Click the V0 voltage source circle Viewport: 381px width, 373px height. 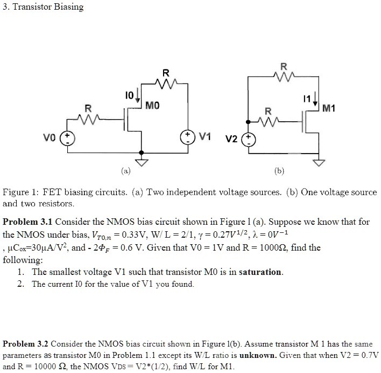[69, 137]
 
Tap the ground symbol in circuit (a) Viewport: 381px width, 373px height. [141, 162]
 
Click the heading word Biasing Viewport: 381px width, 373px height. [67, 6]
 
